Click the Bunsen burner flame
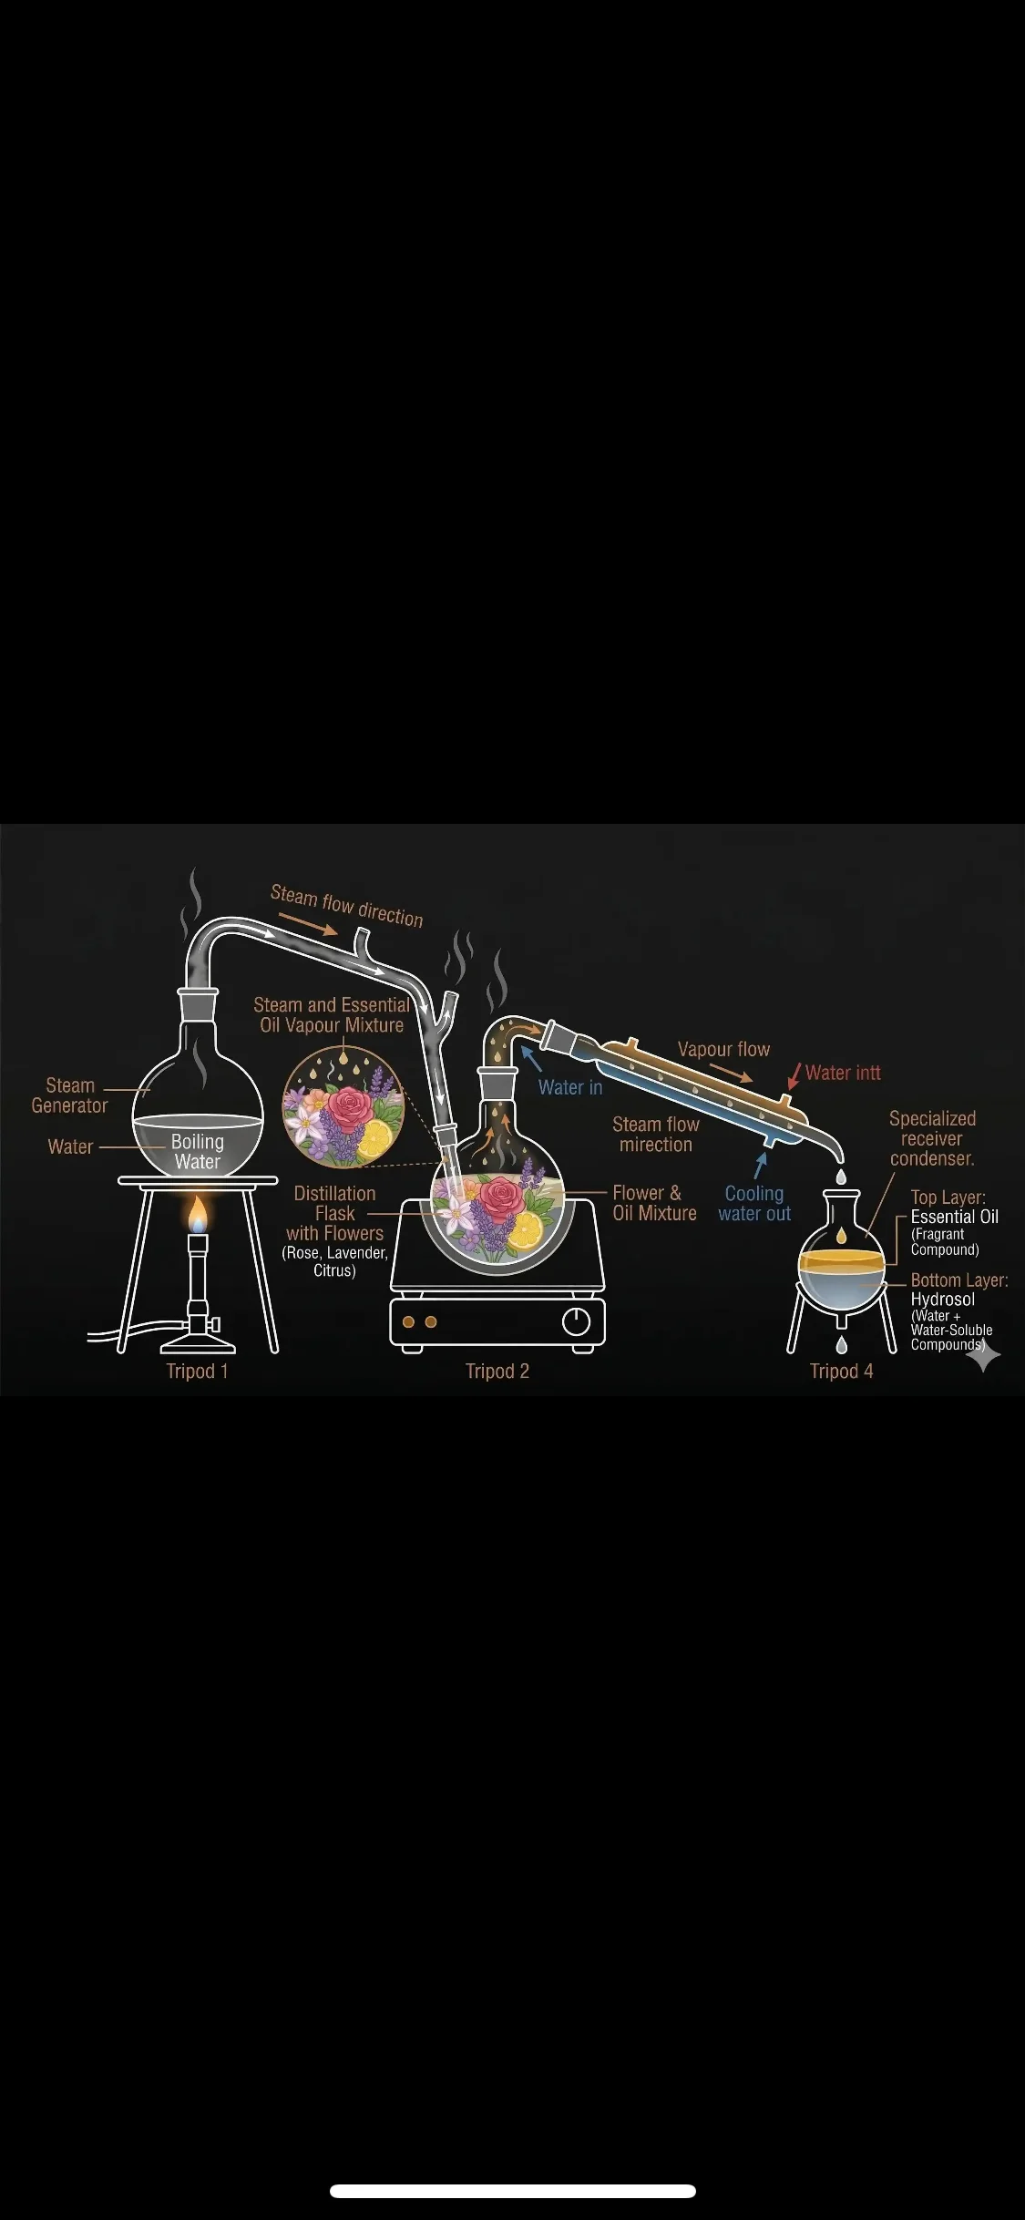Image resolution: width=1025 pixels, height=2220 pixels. (198, 1215)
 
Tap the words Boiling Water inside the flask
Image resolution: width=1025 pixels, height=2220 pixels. (198, 1152)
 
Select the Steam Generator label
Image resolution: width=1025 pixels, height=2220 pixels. (69, 1095)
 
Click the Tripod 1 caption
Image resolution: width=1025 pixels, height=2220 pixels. (197, 1372)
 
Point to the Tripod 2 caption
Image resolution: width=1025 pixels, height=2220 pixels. (497, 1372)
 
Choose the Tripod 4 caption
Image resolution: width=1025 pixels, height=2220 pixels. (842, 1372)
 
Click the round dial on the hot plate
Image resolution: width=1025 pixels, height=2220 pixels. (577, 1321)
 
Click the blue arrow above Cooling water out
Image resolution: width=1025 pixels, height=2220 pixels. (761, 1167)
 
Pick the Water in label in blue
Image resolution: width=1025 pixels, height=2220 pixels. (570, 1087)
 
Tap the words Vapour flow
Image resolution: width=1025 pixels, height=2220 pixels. (723, 1049)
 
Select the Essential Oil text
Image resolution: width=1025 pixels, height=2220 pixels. (955, 1217)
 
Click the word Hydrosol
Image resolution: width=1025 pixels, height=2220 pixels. (943, 1300)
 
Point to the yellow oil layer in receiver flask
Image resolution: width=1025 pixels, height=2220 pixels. (842, 1260)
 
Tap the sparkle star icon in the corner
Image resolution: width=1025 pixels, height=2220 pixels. (983, 1356)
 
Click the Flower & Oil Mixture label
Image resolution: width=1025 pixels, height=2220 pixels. (654, 1203)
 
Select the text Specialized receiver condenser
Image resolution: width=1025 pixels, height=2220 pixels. (932, 1138)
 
